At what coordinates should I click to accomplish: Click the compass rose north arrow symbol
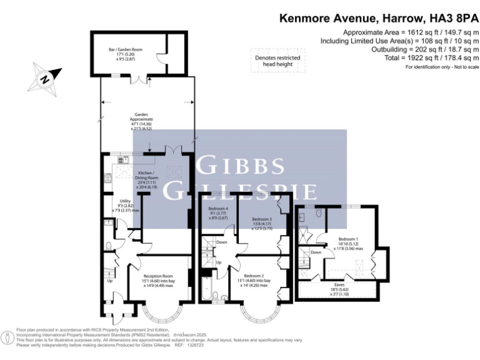point(44,78)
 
